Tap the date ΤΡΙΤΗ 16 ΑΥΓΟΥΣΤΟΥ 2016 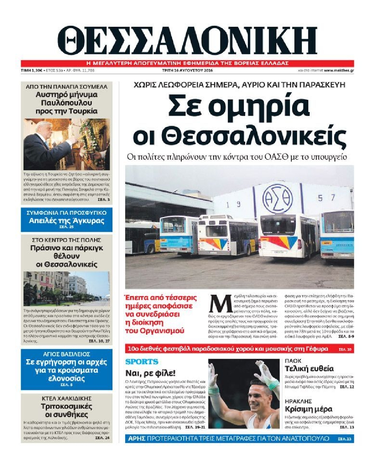click(x=187, y=71)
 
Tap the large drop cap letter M click(x=220, y=304)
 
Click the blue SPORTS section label click(x=142, y=362)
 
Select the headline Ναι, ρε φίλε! click(x=150, y=373)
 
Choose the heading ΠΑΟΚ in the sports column click(x=293, y=361)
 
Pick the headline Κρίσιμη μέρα click(x=308, y=409)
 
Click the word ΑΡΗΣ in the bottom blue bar click(x=136, y=439)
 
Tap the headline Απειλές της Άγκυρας click(x=66, y=221)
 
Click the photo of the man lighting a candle click(x=67, y=144)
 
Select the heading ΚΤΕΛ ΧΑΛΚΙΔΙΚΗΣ click(x=66, y=398)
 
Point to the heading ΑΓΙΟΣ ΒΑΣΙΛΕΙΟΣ click(x=67, y=354)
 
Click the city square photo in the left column click(x=67, y=289)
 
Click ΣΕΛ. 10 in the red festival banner click(x=345, y=349)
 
